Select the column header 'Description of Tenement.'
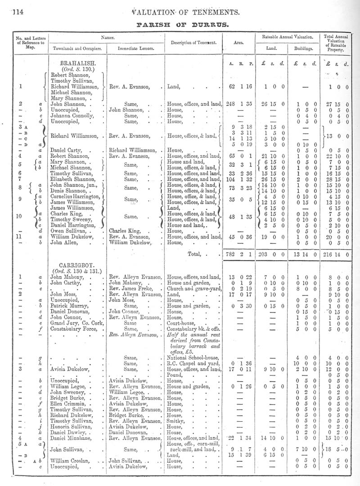click(193, 43)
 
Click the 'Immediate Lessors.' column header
click(137, 48)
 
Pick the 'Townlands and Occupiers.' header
click(77, 48)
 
